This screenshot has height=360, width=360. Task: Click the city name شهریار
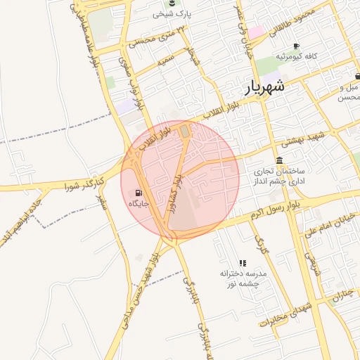265,88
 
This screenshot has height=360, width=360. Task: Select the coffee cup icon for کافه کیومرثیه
296,46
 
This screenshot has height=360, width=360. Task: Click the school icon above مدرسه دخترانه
243,262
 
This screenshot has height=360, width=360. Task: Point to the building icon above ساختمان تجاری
280,160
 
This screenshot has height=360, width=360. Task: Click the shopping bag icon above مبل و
357,77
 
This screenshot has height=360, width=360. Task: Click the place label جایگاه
139,202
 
